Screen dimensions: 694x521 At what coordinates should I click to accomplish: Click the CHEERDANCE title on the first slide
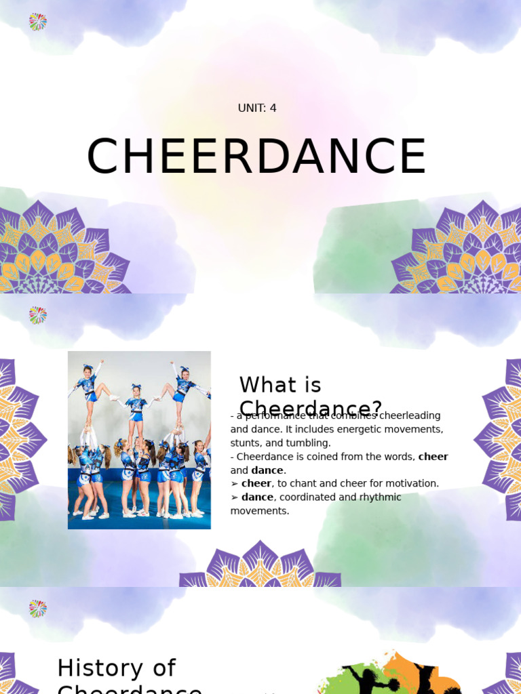pyautogui.click(x=256, y=157)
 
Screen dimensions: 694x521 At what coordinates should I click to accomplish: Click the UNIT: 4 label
pyautogui.click(x=257, y=108)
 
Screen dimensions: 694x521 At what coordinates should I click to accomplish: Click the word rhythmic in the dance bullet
pyautogui.click(x=381, y=497)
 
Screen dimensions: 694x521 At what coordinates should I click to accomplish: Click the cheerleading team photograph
pyautogui.click(x=139, y=440)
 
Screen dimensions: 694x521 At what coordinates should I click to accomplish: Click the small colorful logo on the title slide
pyautogui.click(x=37, y=22)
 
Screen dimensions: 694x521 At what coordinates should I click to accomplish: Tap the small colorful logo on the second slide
pyautogui.click(x=37, y=315)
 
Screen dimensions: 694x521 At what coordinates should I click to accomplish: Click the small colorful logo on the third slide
pyautogui.click(x=37, y=609)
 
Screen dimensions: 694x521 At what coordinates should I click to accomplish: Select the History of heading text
pyautogui.click(x=117, y=668)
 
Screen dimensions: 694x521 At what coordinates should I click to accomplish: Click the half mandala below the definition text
pyautogui.click(x=260, y=566)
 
